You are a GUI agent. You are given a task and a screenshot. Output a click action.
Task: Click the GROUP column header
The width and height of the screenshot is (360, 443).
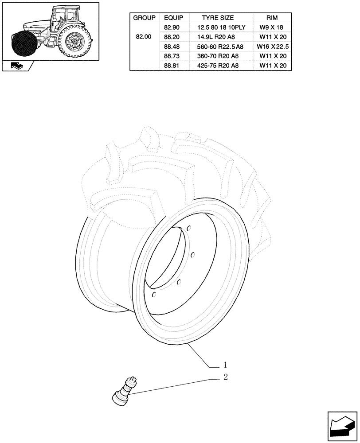click(144, 18)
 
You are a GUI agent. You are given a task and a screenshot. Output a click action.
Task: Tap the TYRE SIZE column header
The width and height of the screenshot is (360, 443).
click(218, 18)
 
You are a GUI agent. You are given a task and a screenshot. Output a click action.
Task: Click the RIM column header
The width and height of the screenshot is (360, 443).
click(272, 18)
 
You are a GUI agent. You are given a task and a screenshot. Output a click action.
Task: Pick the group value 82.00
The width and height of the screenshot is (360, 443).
click(144, 37)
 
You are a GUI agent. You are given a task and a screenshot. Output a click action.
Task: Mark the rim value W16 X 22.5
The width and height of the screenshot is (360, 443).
click(273, 47)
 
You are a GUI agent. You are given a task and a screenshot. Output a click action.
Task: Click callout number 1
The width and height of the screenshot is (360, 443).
click(225, 365)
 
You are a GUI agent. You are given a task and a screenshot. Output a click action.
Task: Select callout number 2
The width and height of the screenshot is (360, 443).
click(225, 377)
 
